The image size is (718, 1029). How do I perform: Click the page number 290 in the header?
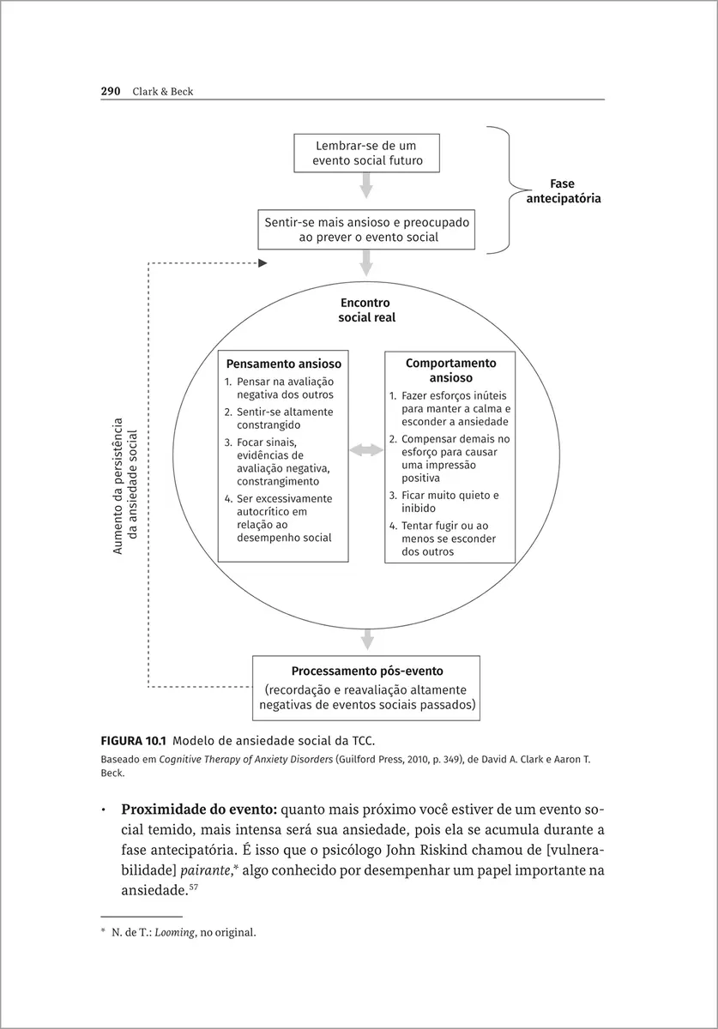pyautogui.click(x=111, y=92)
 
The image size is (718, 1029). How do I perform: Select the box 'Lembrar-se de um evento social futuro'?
pyautogui.click(x=366, y=153)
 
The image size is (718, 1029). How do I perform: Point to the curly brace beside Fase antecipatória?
pyautogui.click(x=508, y=190)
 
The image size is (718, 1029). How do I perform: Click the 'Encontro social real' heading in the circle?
pyautogui.click(x=365, y=310)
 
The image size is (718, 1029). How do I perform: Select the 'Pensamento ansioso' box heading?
pyautogui.click(x=283, y=364)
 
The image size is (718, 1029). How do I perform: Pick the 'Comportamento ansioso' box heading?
pyautogui.click(x=450, y=370)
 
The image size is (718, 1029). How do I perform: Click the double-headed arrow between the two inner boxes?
pyautogui.click(x=366, y=450)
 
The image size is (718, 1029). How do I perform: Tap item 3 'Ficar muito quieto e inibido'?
pyautogui.click(x=443, y=502)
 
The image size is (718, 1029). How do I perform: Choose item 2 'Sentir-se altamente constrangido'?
pyautogui.click(x=278, y=418)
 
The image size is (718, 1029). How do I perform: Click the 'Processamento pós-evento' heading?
pyautogui.click(x=366, y=671)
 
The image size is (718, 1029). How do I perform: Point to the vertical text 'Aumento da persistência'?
pyautogui.click(x=118, y=485)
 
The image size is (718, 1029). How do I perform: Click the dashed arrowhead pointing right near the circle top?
pyautogui.click(x=262, y=263)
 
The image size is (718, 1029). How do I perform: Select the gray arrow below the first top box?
pyautogui.click(x=366, y=185)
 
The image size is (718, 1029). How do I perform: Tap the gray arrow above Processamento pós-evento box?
pyautogui.click(x=366, y=639)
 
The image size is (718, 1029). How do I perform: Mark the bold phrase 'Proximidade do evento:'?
pyautogui.click(x=199, y=810)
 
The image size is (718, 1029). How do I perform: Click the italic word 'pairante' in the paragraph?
pyautogui.click(x=221, y=870)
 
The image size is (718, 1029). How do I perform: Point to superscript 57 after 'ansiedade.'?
pyautogui.click(x=193, y=888)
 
